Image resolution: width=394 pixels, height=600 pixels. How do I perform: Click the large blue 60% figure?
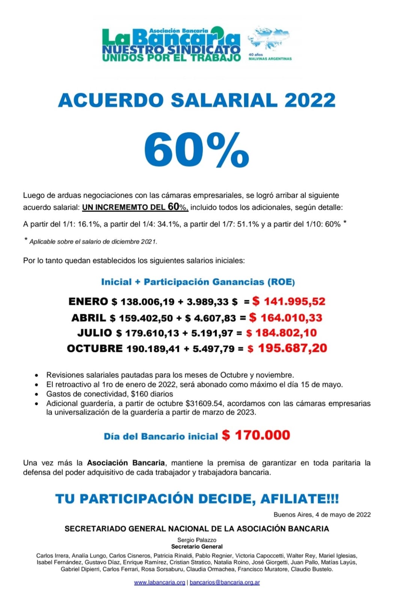[x=196, y=150]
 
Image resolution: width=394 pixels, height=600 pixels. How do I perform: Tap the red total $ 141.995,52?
[x=288, y=301]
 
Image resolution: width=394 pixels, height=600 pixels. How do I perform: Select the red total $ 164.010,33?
[x=285, y=318]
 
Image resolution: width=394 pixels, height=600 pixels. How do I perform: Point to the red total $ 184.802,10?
[x=281, y=333]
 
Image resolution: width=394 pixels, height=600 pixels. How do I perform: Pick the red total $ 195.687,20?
[x=287, y=348]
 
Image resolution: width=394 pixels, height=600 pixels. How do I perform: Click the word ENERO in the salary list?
[x=88, y=301]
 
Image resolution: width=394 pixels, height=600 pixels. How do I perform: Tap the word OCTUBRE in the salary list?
[x=95, y=349]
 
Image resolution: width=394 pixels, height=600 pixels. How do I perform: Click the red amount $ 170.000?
[x=256, y=435]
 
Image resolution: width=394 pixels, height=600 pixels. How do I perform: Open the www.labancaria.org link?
[x=160, y=582]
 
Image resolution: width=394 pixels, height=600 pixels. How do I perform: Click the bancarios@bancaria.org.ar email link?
[x=225, y=582]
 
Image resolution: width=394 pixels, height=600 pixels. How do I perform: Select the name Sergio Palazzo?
[x=197, y=540]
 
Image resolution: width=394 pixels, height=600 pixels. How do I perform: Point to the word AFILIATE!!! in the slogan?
[x=299, y=499]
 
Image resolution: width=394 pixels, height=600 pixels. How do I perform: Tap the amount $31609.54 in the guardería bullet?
[x=204, y=403]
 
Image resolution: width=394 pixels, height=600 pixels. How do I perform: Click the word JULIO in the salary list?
[x=95, y=333]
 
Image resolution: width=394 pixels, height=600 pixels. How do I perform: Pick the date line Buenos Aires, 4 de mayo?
[x=322, y=514]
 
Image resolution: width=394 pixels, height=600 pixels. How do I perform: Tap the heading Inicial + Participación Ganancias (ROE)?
[x=198, y=282]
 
